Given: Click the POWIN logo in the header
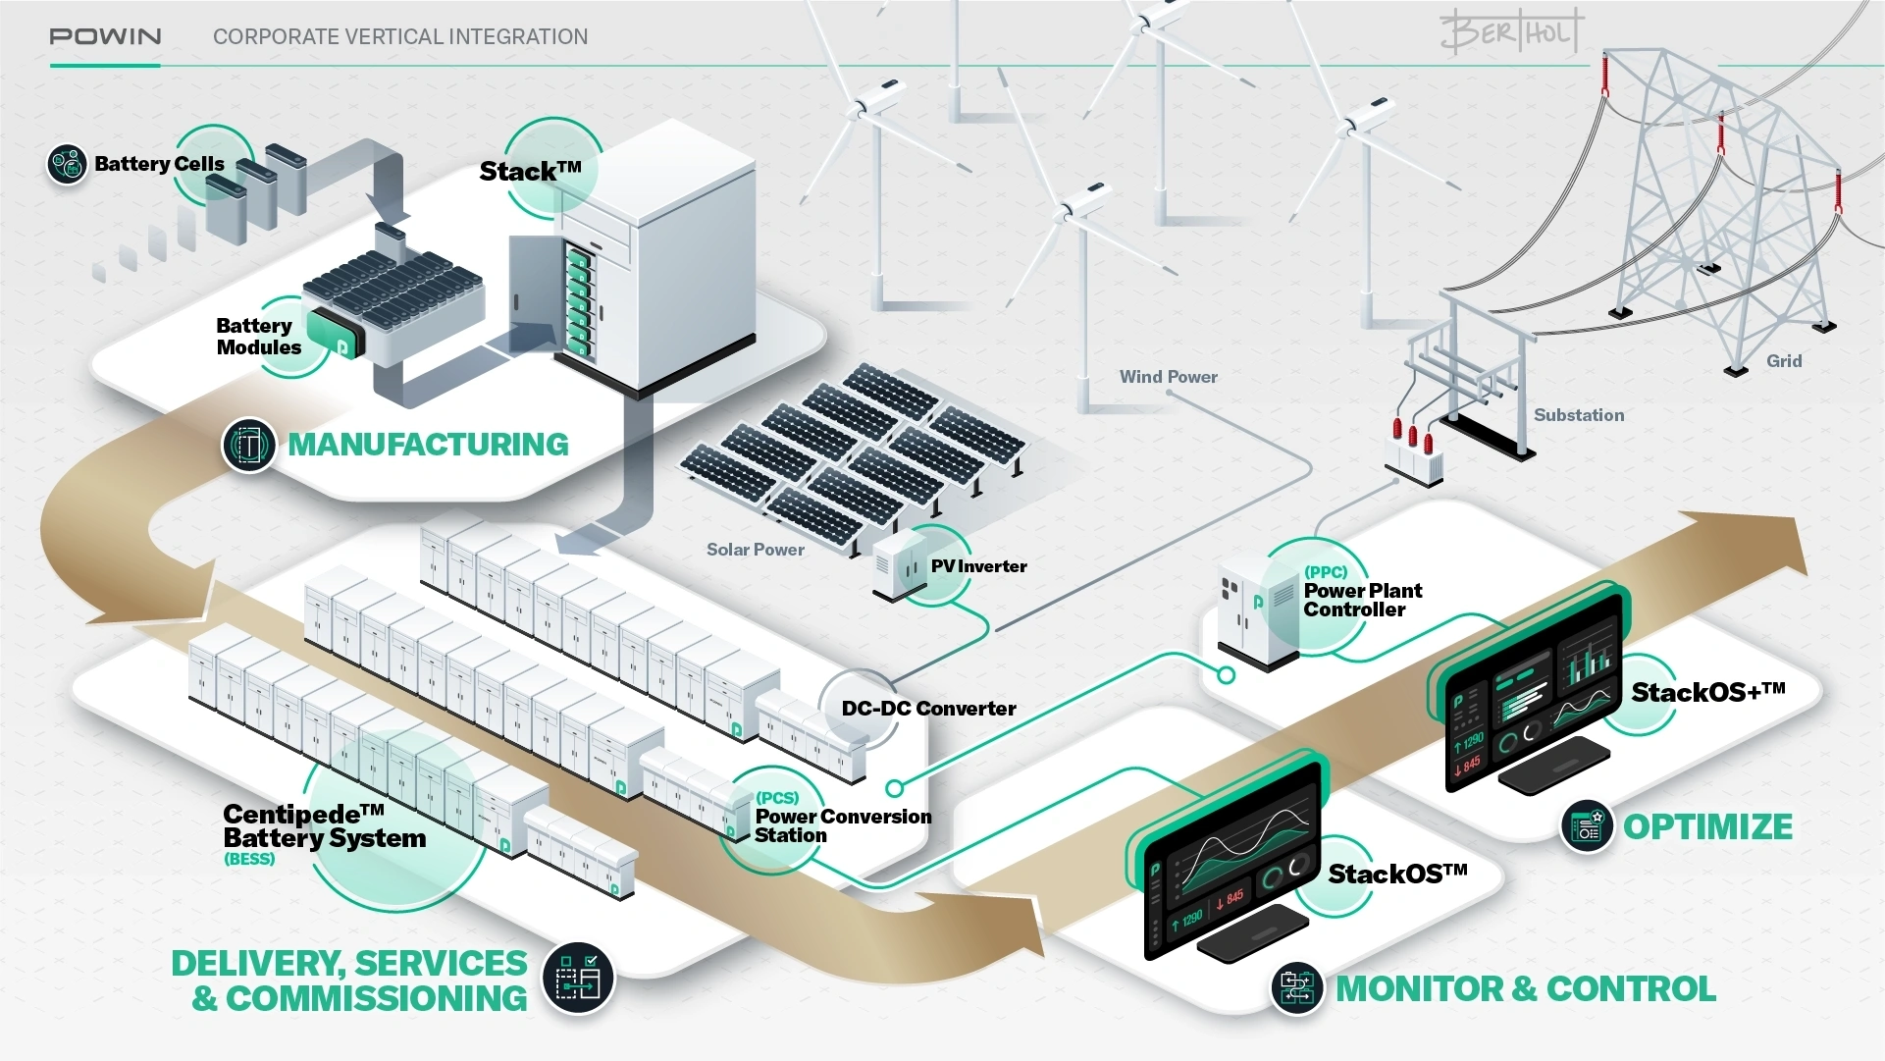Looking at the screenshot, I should pos(105,36).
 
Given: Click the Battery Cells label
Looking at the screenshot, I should pos(159,164).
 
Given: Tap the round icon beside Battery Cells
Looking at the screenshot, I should pos(68,164).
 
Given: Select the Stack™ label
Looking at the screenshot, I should pos(530,172).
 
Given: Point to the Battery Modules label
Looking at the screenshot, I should pos(258,337).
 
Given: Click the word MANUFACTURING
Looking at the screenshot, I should pos(428,445).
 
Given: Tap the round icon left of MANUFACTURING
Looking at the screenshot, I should pos(249,446).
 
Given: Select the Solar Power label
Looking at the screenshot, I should pos(755,550).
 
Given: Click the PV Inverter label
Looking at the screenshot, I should pos(978,566).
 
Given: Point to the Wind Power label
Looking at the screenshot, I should pos(1168,377).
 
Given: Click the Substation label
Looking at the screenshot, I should pos(1578,415).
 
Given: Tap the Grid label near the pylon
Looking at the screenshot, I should pos(1783,361).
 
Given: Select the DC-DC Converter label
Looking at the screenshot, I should pos(928,709).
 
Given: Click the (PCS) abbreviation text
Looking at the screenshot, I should pos(777,798).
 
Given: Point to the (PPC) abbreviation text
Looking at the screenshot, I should pos(1325,572).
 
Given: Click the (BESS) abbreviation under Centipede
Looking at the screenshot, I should pos(249,859).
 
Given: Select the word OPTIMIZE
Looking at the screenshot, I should pos(1707,827).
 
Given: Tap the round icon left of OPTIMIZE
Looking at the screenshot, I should pos(1587,826).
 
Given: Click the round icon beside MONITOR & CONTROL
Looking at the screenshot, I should pos(1297,988).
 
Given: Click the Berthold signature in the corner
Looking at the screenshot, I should pos(1511,31).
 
